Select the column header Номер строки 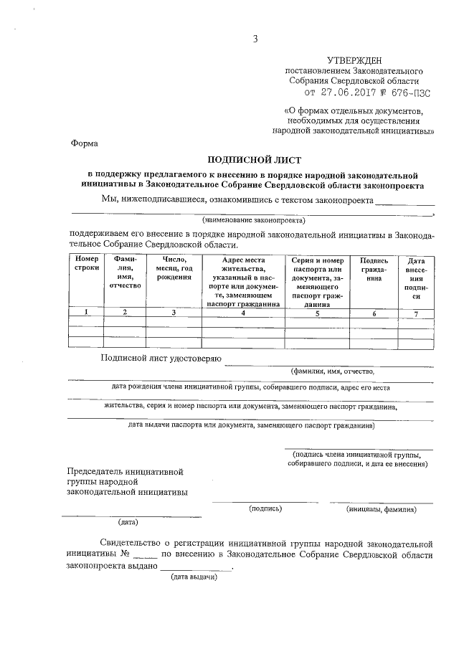click(86, 263)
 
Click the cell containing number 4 click(242, 312)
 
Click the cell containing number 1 click(86, 312)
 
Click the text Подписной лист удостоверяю click(161, 358)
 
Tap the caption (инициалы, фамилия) click(380, 509)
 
